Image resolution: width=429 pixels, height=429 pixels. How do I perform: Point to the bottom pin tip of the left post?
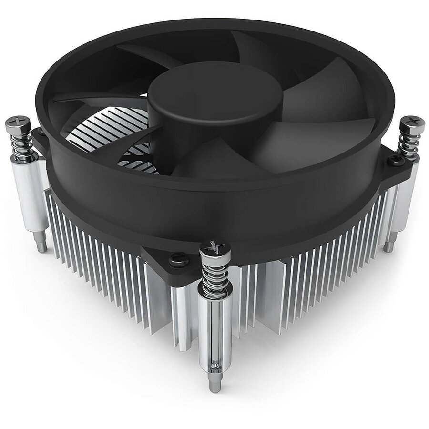click(x=42, y=246)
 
